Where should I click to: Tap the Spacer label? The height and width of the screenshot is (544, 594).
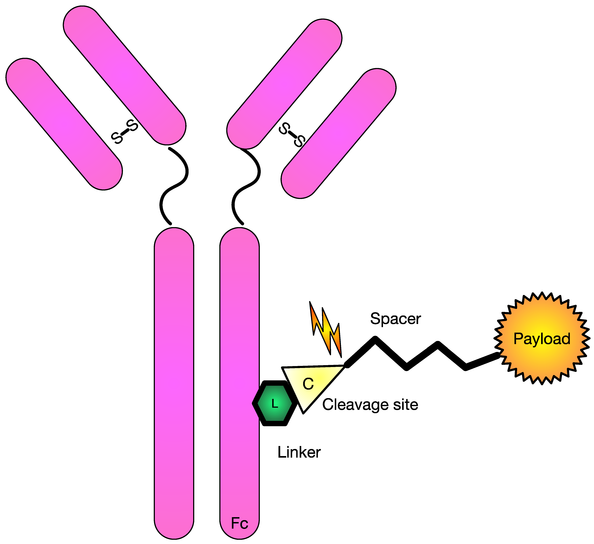pos(395,319)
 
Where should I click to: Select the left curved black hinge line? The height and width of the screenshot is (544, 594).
pos(174,186)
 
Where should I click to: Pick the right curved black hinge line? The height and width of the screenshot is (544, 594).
pos(246,186)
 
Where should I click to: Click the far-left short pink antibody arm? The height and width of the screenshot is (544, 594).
pos(64,124)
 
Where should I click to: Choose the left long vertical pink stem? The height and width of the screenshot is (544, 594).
pos(174,383)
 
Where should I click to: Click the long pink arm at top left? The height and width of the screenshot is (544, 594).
pos(124,75)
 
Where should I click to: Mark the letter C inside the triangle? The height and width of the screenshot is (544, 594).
pos(308,384)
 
